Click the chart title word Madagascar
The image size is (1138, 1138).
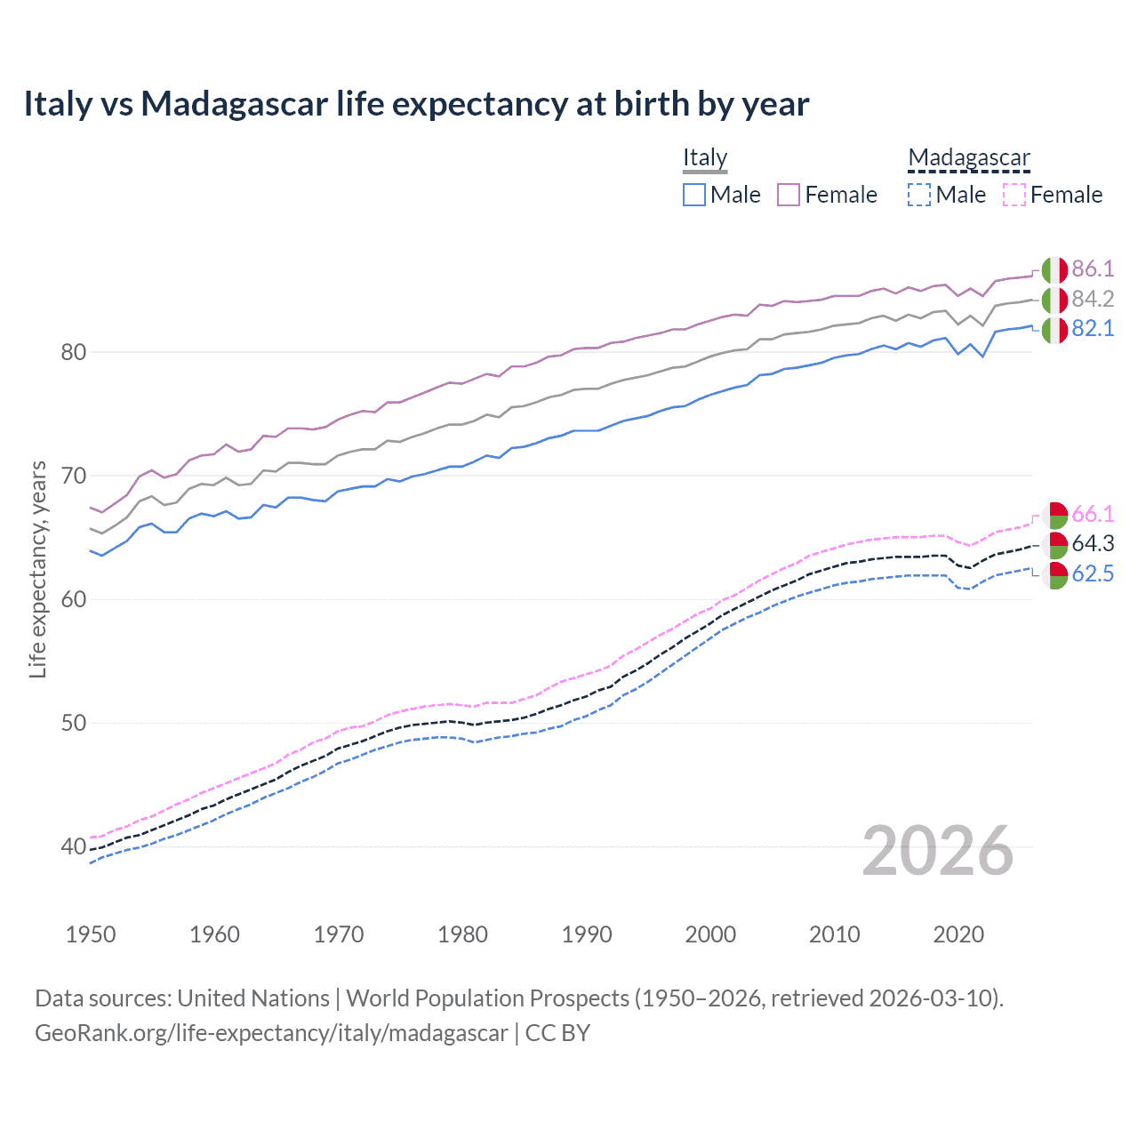point(234,104)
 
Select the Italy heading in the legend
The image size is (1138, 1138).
point(705,157)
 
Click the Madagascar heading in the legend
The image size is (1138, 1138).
point(968,157)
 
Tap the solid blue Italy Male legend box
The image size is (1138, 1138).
point(694,195)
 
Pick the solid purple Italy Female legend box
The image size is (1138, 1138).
point(789,195)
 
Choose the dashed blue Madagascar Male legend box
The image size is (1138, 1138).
point(919,195)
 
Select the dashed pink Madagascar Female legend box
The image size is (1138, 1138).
point(1014,195)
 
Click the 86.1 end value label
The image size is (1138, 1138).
point(1093,269)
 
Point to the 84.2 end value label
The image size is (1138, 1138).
point(1093,299)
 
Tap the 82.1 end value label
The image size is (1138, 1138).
point(1093,329)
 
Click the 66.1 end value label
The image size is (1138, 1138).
point(1093,515)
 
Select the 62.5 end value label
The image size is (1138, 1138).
point(1093,574)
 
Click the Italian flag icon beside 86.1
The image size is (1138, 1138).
point(1054,270)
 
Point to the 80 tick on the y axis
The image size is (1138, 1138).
point(74,352)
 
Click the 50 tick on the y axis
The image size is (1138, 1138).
point(74,723)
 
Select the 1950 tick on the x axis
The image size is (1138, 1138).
point(91,934)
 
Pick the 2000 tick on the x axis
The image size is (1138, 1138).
point(710,934)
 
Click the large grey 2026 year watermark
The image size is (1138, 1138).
point(938,851)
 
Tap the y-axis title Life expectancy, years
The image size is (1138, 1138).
point(37,569)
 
